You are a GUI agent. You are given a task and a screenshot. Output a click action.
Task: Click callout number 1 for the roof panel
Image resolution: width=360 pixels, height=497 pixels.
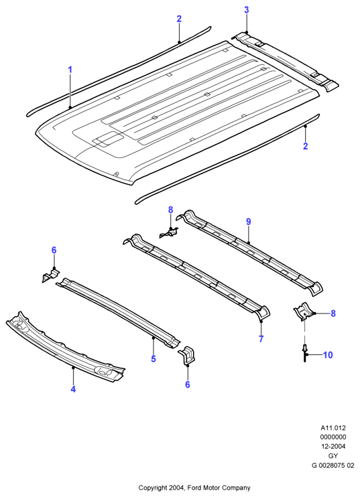tap(70, 70)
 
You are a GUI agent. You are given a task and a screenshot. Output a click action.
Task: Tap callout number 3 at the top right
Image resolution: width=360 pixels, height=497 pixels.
tap(247, 10)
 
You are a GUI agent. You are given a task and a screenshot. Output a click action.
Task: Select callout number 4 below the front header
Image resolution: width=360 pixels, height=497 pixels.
tap(73, 389)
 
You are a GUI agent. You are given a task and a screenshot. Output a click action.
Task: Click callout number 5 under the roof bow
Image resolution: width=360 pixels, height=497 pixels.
tap(154, 359)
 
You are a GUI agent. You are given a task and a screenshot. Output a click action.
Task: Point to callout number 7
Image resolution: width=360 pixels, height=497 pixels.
tap(261, 339)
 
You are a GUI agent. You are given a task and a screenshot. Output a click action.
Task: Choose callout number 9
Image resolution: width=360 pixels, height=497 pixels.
tap(248, 222)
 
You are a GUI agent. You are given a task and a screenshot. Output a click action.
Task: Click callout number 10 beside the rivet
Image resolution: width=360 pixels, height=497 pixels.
tap(328, 355)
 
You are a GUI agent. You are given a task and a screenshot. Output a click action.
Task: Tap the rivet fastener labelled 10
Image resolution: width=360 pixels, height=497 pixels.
tap(305, 353)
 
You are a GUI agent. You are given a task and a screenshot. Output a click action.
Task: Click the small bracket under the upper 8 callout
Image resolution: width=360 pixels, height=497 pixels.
tap(169, 233)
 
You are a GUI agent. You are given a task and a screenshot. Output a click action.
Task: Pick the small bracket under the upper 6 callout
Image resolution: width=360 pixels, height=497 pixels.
tap(50, 275)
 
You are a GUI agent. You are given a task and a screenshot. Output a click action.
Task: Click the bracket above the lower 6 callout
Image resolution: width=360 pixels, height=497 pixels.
tap(188, 356)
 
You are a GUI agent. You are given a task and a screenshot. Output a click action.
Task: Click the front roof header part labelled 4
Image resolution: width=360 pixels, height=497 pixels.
tap(65, 348)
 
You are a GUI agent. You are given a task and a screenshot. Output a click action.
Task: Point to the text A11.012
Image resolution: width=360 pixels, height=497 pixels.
tap(333, 427)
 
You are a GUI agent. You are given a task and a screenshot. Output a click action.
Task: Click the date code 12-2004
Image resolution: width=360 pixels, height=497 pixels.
tap(333, 446)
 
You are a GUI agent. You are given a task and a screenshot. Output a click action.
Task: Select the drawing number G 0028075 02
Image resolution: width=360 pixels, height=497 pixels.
tap(333, 466)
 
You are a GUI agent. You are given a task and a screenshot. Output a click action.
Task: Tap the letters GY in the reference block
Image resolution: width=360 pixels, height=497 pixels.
tap(333, 455)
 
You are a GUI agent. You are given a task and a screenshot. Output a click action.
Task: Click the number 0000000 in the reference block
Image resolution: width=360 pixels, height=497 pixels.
tap(333, 437)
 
